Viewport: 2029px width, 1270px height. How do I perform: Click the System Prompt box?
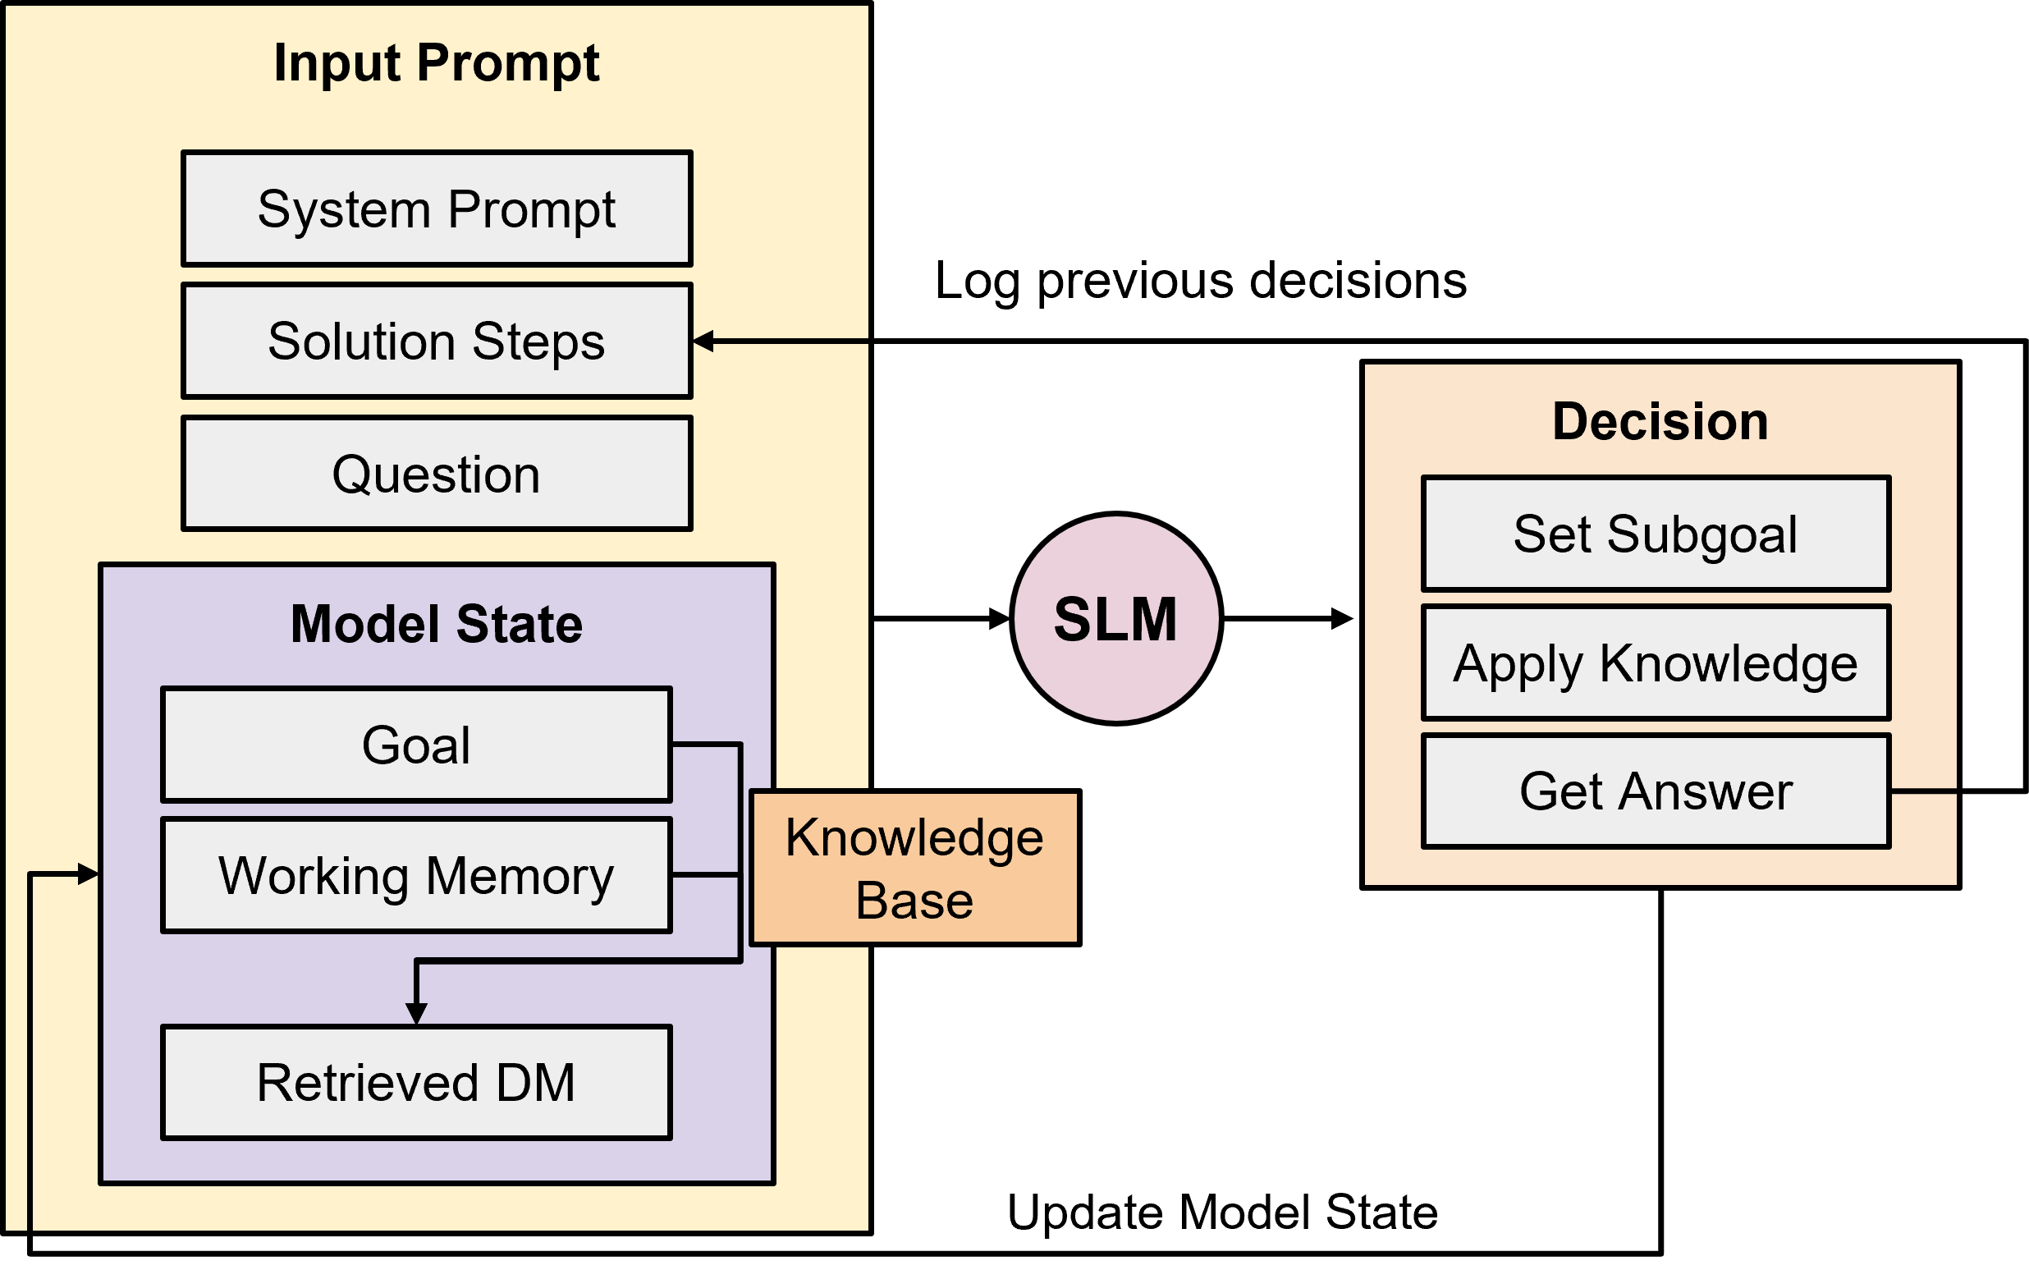(x=437, y=209)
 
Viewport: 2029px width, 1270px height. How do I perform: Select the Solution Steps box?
(x=437, y=341)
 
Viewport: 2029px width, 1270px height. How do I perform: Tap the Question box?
(x=437, y=474)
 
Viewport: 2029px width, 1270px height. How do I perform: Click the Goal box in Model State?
(x=416, y=745)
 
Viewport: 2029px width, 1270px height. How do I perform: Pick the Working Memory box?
(x=416, y=875)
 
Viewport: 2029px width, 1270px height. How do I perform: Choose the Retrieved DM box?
(x=416, y=1082)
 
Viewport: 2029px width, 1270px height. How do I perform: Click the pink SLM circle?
(x=1116, y=619)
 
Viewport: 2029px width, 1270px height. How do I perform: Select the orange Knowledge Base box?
(x=914, y=868)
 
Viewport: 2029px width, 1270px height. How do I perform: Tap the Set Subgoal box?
(x=1656, y=534)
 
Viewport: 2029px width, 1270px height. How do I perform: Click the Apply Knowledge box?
(x=1656, y=663)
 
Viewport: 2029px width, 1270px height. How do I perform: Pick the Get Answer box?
(x=1656, y=791)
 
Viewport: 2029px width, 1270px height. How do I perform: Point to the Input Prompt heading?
(x=437, y=63)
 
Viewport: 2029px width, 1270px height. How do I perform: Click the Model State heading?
(x=437, y=624)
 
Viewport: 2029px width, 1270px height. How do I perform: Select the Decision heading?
(x=1660, y=421)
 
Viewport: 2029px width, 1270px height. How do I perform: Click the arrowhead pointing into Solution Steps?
(x=703, y=341)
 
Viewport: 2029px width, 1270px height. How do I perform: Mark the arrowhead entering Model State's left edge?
(x=88, y=874)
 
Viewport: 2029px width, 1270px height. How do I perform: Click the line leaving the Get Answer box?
(x=1923, y=791)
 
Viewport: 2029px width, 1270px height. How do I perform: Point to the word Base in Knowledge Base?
(x=914, y=901)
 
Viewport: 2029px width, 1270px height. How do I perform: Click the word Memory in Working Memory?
(x=520, y=876)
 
